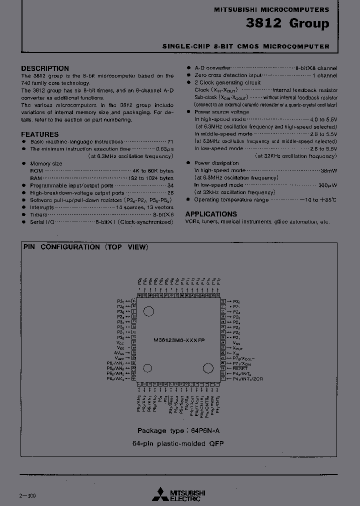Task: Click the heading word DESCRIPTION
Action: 45,68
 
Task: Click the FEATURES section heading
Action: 39,134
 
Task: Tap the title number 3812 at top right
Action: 263,23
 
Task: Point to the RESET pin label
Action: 240,368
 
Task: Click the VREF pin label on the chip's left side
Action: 119,358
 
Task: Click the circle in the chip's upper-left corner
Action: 148,311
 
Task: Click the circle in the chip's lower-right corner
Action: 207,368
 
